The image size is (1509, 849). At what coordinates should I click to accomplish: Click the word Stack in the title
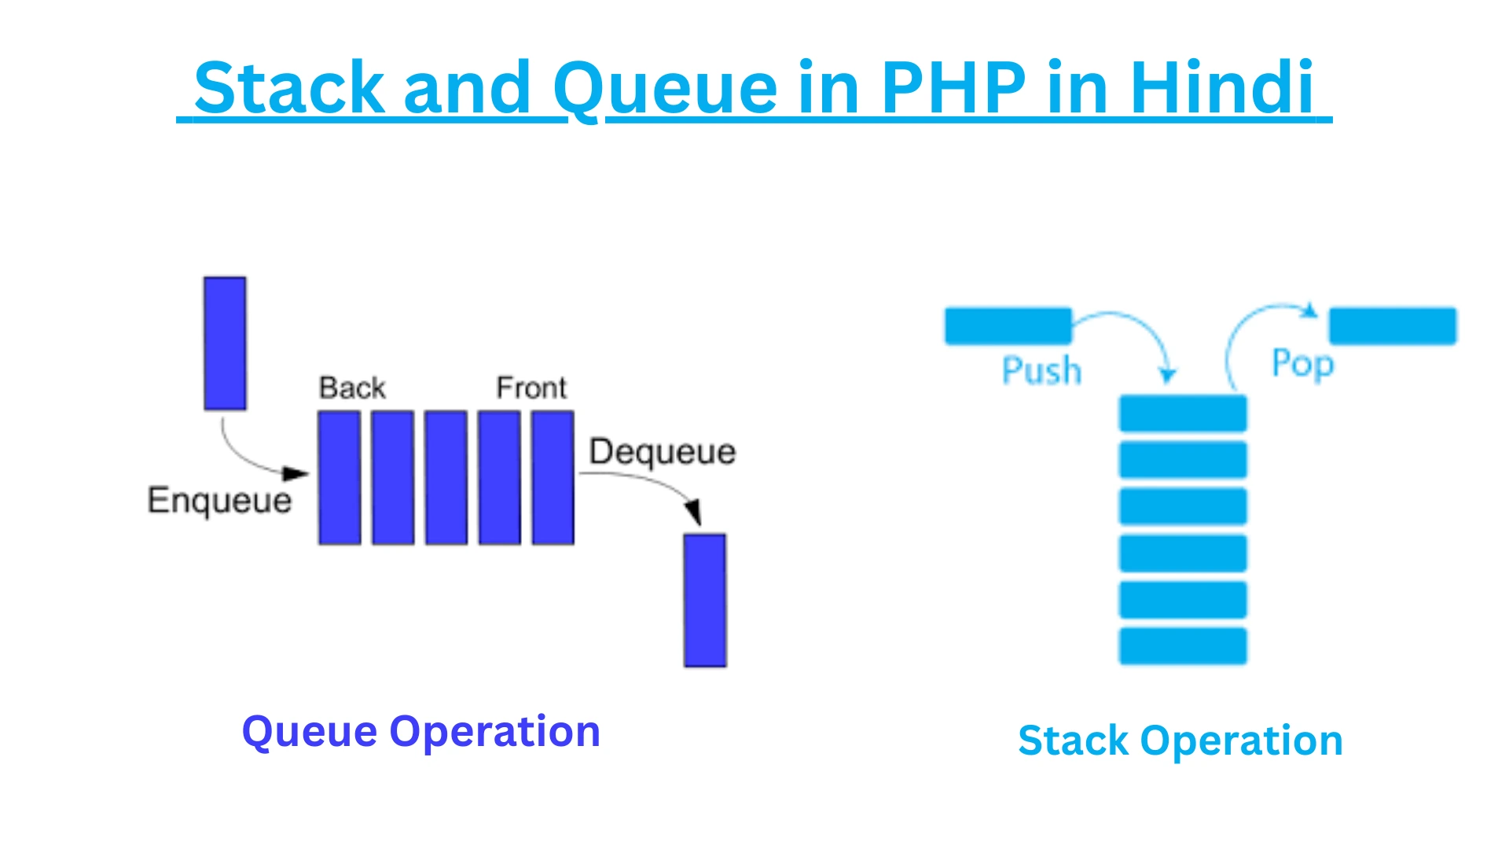288,87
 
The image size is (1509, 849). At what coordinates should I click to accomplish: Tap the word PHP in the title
953,87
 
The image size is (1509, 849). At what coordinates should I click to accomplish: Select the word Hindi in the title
1222,87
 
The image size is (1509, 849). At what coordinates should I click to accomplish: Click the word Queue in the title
665,87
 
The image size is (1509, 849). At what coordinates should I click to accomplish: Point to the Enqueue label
219,501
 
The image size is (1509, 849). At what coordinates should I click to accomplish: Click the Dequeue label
663,452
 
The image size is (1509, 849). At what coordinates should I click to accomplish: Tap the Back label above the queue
352,388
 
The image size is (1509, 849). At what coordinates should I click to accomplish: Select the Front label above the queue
531,388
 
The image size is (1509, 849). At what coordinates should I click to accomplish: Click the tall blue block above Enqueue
225,343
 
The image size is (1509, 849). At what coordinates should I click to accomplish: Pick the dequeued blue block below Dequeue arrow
704,601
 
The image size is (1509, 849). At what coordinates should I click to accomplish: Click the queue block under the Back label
340,477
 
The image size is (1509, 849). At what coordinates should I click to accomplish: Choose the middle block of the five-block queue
446,477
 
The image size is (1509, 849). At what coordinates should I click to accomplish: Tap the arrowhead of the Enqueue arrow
296,473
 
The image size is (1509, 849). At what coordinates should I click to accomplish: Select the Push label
1041,370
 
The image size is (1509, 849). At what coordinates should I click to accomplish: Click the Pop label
1302,364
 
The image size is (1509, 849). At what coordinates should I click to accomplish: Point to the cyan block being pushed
1008,325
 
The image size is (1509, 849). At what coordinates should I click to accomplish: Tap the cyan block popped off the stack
1392,325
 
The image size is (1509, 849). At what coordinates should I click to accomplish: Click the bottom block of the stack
1183,645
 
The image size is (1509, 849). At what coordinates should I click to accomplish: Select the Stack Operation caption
1180,741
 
